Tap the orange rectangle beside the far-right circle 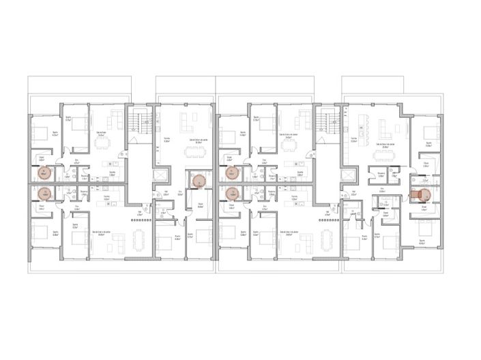click(x=414, y=192)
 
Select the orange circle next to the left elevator click(x=199, y=181)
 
